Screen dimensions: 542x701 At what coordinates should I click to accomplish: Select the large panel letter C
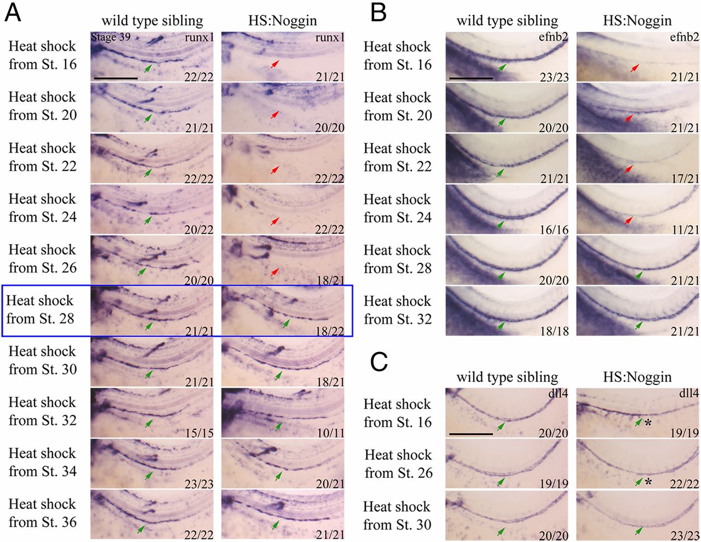coord(378,362)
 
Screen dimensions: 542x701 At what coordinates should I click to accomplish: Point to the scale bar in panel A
coord(116,78)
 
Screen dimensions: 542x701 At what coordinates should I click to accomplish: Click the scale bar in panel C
coord(470,434)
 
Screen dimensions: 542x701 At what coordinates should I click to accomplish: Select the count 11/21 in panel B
coord(685,230)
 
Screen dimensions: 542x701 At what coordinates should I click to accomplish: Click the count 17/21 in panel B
coord(685,179)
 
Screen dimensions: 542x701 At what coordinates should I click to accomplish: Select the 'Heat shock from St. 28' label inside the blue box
coord(40,309)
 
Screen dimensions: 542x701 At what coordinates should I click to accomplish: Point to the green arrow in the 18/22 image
coord(285,324)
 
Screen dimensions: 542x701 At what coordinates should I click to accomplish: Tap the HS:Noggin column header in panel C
coord(637,377)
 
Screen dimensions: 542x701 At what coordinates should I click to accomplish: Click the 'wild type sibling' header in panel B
coord(507,21)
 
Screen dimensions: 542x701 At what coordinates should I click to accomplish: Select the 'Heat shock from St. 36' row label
coord(43,513)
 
